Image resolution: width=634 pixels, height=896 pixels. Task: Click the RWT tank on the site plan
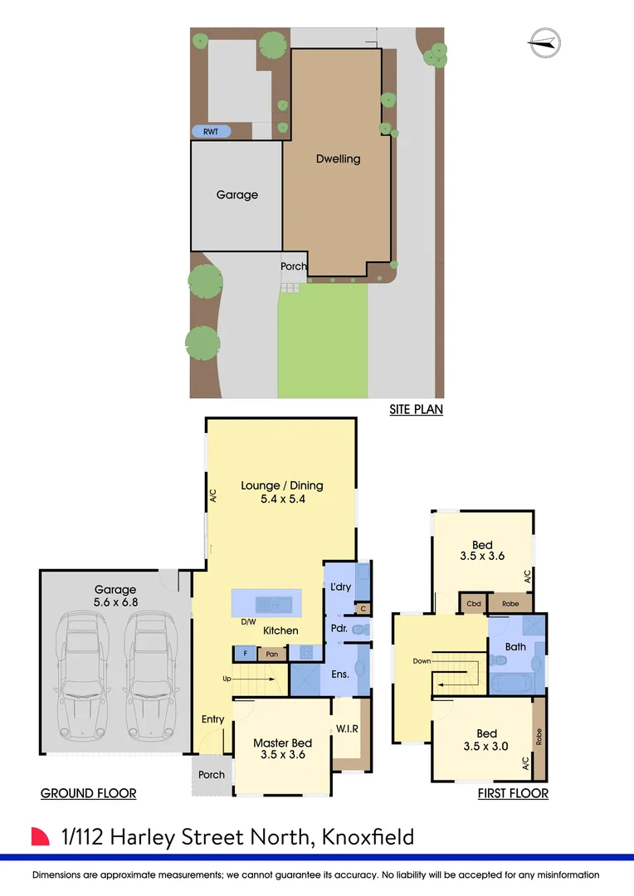[x=211, y=131]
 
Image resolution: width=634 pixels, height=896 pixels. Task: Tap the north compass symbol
[x=544, y=43]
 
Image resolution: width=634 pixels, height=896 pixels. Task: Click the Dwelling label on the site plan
[x=338, y=158]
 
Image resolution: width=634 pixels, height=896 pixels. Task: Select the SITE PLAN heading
[x=416, y=409]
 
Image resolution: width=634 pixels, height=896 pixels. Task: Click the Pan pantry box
[x=271, y=654]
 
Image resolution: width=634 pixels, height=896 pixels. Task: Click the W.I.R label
[x=347, y=729]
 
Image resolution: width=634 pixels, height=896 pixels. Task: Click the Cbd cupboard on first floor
[x=474, y=603]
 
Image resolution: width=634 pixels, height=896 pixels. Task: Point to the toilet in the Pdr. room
[x=358, y=630]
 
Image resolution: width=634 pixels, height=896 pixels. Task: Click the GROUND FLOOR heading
[x=88, y=793]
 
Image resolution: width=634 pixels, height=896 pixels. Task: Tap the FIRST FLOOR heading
[x=513, y=793]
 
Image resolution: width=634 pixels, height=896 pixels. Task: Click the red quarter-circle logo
[x=41, y=836]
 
